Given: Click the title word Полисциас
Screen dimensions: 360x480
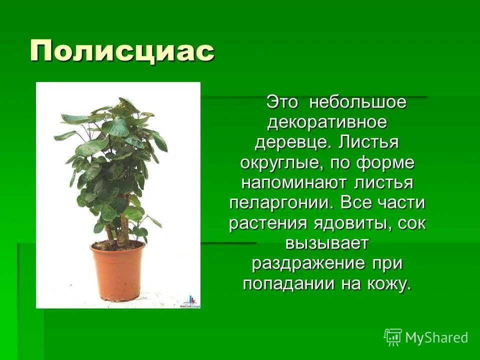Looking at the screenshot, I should [x=122, y=51].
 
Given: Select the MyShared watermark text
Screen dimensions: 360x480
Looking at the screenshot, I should [x=436, y=337].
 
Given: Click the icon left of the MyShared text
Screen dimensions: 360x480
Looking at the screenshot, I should [x=393, y=337].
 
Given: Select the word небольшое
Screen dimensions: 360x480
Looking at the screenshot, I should [x=357, y=102].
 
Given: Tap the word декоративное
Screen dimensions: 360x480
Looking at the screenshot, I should [x=327, y=122].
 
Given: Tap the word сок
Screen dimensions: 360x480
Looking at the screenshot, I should [x=412, y=223].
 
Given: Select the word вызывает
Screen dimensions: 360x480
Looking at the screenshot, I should [x=327, y=243].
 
